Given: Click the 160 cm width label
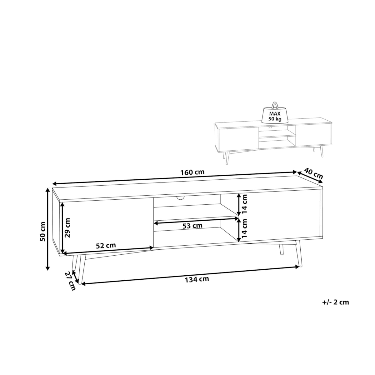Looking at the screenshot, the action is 192,172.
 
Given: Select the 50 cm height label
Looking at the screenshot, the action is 42,231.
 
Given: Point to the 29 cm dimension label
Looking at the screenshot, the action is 67,228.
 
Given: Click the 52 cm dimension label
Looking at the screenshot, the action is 106,246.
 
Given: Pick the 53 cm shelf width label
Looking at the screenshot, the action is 192,226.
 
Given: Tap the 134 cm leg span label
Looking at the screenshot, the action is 197,279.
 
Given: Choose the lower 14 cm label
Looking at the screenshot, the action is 244,228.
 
